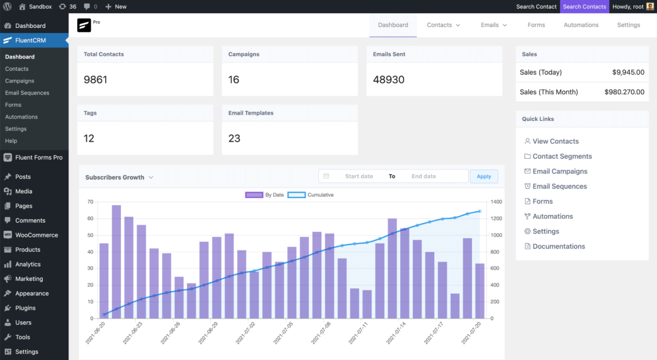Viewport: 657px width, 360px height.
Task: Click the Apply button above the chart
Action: (484, 176)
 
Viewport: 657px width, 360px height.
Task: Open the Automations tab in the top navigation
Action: (581, 25)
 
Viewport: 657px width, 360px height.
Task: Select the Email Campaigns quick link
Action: (560, 171)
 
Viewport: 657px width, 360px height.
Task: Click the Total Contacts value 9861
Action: (96, 79)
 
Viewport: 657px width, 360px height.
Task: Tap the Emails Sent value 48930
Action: (389, 79)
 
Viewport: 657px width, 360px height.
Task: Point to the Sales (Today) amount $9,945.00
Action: (625, 72)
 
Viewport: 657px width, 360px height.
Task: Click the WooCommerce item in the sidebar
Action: (36, 235)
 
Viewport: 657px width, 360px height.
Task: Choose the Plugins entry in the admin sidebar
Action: (25, 308)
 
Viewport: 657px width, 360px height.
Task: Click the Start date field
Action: (359, 176)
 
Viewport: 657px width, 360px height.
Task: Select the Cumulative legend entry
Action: (320, 195)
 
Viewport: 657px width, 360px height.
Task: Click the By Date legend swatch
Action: (254, 195)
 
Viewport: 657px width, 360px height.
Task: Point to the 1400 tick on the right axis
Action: (496, 202)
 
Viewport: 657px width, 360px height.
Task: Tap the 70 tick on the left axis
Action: (90, 202)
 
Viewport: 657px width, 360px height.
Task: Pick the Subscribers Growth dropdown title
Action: (119, 177)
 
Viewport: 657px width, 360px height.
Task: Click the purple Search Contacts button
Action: (584, 7)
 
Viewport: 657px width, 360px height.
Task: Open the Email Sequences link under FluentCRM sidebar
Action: (27, 93)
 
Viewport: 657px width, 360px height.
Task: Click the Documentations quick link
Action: (558, 246)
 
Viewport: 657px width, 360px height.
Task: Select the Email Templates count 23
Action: (234, 138)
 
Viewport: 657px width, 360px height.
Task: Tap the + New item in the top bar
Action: (116, 7)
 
